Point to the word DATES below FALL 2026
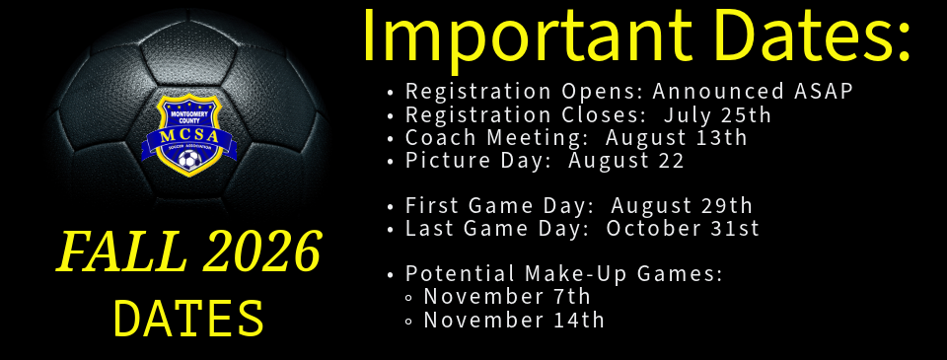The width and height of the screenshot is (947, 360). (189, 318)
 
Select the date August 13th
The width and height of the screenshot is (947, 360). (677, 138)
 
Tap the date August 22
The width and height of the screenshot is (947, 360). (626, 161)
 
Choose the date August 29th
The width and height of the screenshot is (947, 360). (682, 206)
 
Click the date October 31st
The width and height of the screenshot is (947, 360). (683, 229)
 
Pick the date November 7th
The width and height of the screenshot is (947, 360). (507, 297)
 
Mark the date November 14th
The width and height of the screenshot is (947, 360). (514, 321)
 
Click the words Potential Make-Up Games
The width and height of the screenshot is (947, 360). (563, 274)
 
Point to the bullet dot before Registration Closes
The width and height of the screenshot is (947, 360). (391, 115)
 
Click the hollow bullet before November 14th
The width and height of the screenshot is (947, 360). (409, 322)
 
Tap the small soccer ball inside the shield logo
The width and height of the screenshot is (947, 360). (188, 158)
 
